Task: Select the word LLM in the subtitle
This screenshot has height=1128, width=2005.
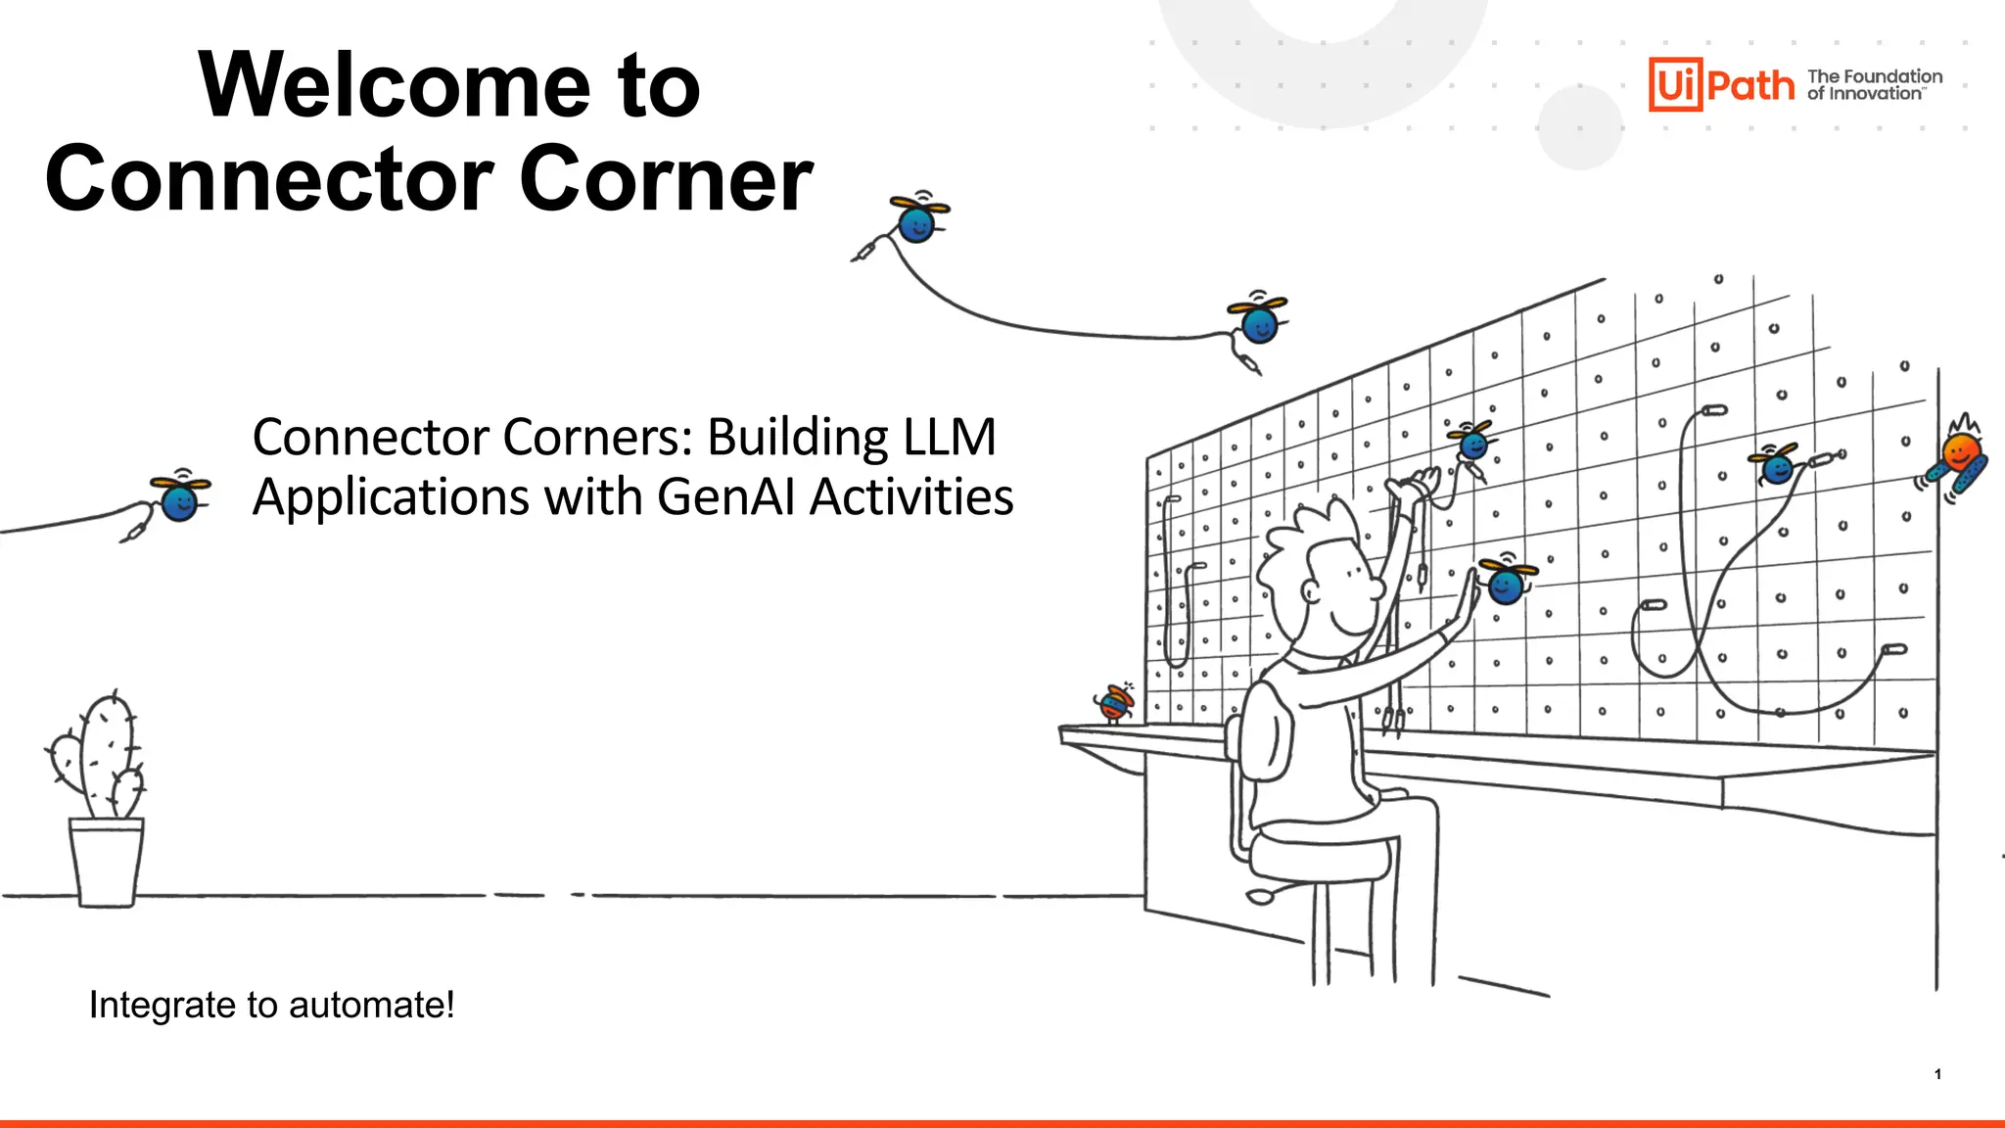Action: (x=949, y=437)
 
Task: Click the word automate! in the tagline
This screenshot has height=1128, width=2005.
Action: (x=371, y=1006)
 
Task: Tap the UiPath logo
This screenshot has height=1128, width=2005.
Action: (x=1721, y=84)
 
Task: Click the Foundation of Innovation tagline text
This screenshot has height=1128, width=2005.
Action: (x=1874, y=85)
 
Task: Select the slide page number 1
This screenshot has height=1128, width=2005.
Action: (x=1937, y=1074)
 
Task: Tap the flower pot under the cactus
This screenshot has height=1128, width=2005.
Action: (x=107, y=862)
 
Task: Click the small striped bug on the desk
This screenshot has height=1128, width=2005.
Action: (x=1114, y=702)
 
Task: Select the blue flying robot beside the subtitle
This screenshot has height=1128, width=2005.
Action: (x=179, y=498)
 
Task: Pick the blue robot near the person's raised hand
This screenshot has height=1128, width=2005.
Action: (x=1505, y=583)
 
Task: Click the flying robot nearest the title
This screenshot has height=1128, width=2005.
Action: (x=917, y=220)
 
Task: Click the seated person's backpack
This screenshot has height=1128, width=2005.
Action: (x=1263, y=734)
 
